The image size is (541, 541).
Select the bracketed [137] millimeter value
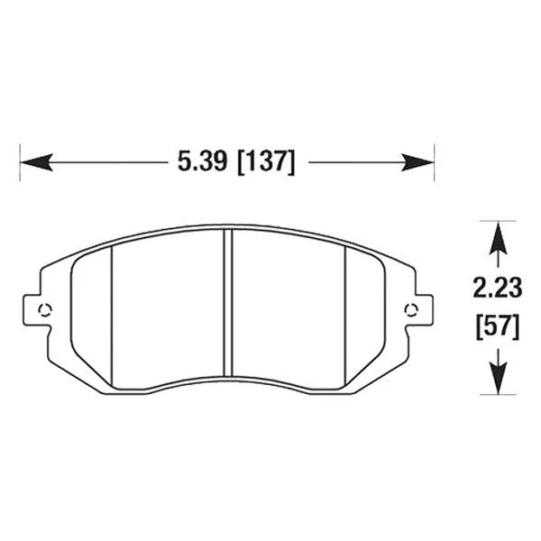tap(264, 162)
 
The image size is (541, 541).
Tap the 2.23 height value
tap(496, 288)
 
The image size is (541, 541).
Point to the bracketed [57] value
tap(496, 326)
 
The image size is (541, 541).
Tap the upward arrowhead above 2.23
tap(494, 236)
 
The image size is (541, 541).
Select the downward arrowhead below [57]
tap(494, 379)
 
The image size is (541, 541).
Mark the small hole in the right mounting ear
tap(412, 310)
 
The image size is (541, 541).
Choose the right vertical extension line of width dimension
tap(436, 162)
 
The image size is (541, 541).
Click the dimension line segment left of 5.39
tap(108, 162)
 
